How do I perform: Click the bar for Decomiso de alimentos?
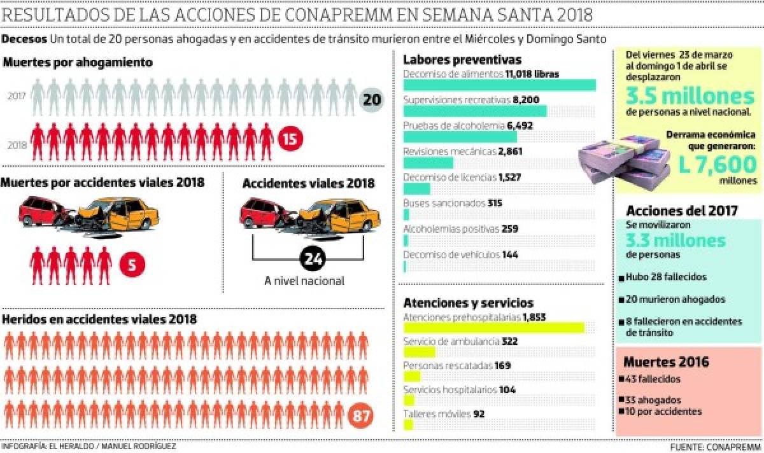[499, 85]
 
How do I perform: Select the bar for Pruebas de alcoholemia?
[460, 136]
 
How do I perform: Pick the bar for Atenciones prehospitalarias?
[493, 327]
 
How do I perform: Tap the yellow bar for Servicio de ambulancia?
[419, 352]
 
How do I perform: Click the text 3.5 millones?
[689, 97]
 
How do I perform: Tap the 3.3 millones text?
[674, 240]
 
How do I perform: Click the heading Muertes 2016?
[666, 363]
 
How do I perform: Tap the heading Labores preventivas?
[462, 60]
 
